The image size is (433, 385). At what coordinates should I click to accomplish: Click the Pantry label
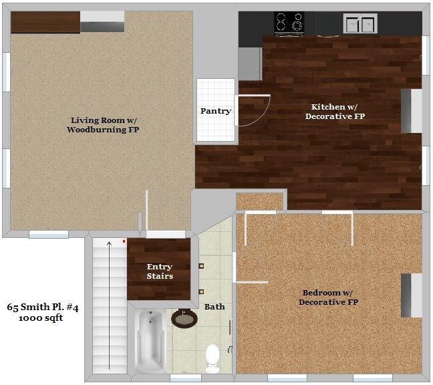click(x=216, y=111)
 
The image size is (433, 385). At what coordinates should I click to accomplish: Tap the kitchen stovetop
click(x=289, y=24)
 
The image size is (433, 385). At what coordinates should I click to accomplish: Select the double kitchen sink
click(x=360, y=23)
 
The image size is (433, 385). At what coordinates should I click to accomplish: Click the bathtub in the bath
click(x=150, y=342)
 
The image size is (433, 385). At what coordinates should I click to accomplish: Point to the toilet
click(x=212, y=358)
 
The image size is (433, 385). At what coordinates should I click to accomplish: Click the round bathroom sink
click(x=184, y=318)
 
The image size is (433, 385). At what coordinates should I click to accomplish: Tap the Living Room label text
click(x=103, y=125)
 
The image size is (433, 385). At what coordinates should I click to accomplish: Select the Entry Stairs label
click(x=160, y=271)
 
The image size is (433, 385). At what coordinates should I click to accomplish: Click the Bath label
click(x=214, y=307)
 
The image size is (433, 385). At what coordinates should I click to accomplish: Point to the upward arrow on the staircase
click(x=110, y=305)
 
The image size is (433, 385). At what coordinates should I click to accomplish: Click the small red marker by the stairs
click(x=124, y=241)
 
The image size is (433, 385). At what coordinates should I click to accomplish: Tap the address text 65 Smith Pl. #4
click(x=43, y=307)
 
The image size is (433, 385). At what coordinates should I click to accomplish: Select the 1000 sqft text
click(x=41, y=318)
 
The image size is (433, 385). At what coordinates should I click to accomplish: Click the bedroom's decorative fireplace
click(x=411, y=295)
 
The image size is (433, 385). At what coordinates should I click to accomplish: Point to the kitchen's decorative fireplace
click(x=411, y=111)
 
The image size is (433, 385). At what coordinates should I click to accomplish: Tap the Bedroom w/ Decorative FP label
click(x=328, y=297)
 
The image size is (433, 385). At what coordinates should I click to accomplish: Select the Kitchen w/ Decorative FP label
click(x=335, y=112)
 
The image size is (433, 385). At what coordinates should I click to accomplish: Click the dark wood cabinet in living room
click(x=45, y=22)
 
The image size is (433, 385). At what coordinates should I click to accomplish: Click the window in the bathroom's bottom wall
click(x=186, y=378)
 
